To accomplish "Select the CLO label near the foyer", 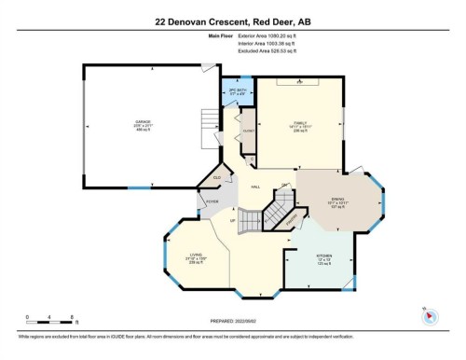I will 216,177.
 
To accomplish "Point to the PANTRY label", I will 292,220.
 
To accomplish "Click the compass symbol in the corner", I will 430,316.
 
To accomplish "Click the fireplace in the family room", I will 300,81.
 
